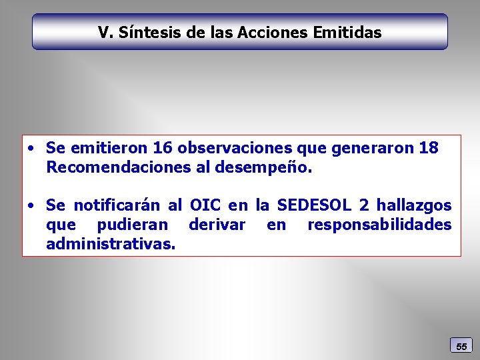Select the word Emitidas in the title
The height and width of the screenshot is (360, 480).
[x=349, y=32]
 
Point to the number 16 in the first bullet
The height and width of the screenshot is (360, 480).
[x=163, y=148]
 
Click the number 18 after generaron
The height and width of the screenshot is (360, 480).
[x=429, y=148]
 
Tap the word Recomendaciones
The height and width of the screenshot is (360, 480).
[x=118, y=167]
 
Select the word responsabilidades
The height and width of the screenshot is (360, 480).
[x=379, y=225]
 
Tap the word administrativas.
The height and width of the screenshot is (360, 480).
[x=111, y=244]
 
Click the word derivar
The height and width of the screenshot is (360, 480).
[x=217, y=225]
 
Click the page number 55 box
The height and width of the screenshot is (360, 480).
[x=461, y=346]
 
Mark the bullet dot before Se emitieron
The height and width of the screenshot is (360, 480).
[x=32, y=149]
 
